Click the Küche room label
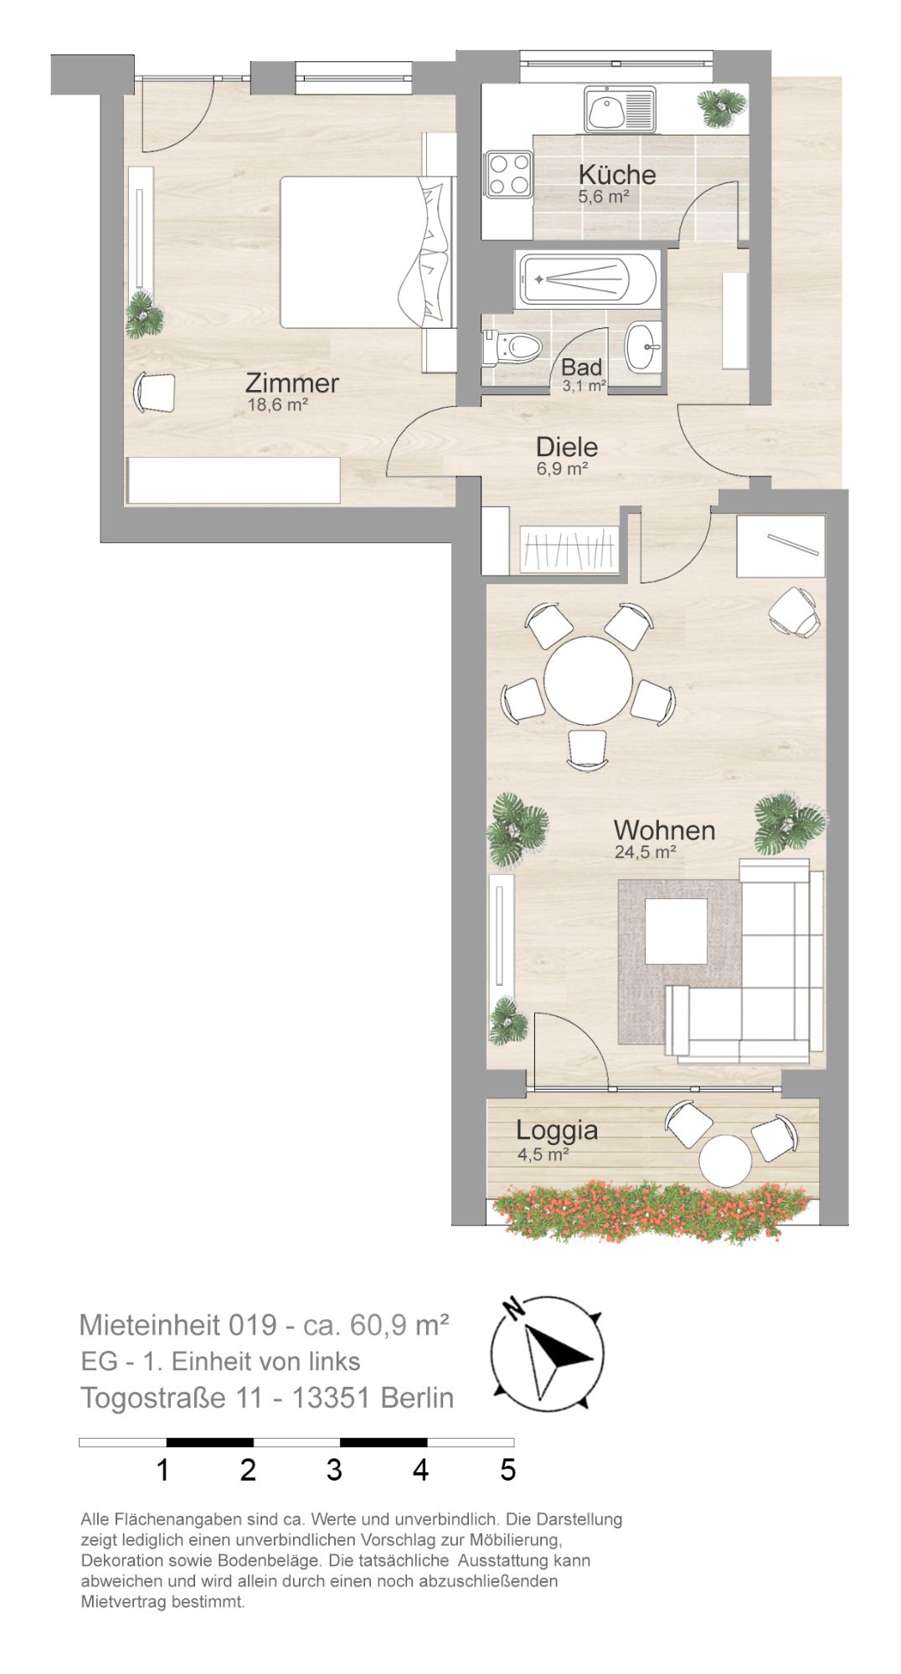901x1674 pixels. (617, 175)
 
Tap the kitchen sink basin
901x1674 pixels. (604, 110)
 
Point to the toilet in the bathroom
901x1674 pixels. (511, 347)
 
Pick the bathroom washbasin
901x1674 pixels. (644, 346)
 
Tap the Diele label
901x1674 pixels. (567, 446)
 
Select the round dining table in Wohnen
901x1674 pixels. (588, 678)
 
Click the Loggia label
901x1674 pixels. (557, 1131)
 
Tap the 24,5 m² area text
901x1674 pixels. (645, 852)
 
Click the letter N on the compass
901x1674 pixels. (512, 1307)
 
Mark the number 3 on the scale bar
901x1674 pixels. (334, 1470)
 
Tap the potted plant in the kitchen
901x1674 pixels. (722, 107)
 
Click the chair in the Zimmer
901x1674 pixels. (155, 392)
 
